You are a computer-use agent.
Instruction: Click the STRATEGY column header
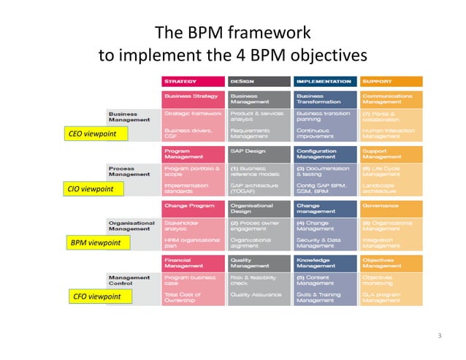[192, 81]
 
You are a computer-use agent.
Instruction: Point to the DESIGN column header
[259, 81]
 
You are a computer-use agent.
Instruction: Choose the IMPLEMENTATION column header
[325, 81]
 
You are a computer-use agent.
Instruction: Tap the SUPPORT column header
[391, 81]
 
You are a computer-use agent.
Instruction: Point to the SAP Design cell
[259, 153]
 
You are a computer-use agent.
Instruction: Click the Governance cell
[391, 207]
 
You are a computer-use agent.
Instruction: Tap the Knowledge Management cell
[325, 263]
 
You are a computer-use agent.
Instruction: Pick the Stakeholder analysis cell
[192, 225]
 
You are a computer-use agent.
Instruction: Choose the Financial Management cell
[192, 263]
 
